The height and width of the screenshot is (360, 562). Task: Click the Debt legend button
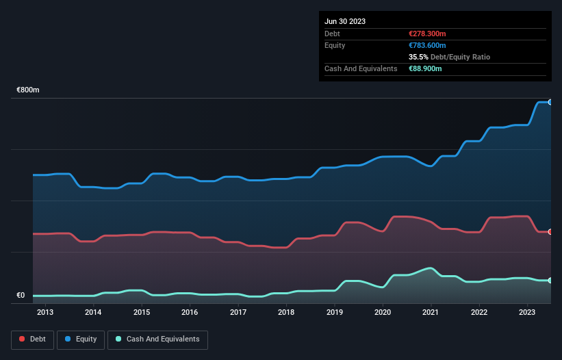click(x=33, y=339)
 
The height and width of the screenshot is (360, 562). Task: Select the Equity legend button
click(x=81, y=339)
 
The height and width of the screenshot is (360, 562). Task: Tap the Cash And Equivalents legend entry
click(x=157, y=339)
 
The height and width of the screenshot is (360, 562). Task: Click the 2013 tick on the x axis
click(x=45, y=313)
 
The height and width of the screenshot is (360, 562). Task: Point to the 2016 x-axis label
click(x=190, y=313)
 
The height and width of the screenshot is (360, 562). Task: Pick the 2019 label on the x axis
click(x=335, y=313)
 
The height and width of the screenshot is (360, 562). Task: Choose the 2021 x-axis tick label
click(x=431, y=313)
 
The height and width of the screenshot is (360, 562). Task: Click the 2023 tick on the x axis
click(x=528, y=313)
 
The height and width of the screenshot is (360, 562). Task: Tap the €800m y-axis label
click(x=28, y=90)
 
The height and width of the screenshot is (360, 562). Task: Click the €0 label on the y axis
click(x=21, y=296)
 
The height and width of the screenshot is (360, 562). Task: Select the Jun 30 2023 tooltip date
click(x=345, y=21)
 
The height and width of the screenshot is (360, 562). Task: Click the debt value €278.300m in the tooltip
click(x=427, y=34)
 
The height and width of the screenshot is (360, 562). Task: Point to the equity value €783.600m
click(x=427, y=45)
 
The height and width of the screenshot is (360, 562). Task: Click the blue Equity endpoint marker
click(x=550, y=102)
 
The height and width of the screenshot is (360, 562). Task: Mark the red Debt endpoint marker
click(x=550, y=232)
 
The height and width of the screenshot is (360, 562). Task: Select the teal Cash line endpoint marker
click(x=550, y=281)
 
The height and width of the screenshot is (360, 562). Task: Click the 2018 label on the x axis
click(x=286, y=313)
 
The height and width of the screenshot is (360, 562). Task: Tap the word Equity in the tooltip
click(x=335, y=45)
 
